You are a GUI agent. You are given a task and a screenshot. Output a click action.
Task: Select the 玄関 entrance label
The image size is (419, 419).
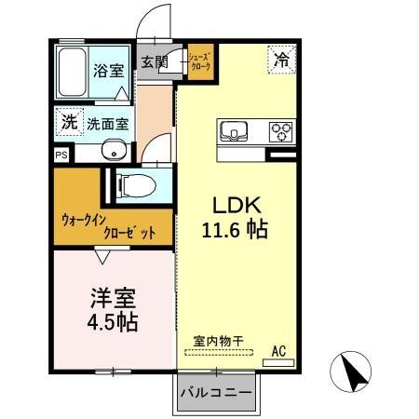tap(155, 62)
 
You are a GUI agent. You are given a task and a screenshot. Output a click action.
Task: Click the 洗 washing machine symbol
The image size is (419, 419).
tap(68, 120)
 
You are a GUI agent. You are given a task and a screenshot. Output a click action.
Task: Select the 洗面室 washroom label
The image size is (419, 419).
tap(108, 123)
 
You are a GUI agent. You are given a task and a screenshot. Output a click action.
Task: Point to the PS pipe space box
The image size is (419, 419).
tap(61, 155)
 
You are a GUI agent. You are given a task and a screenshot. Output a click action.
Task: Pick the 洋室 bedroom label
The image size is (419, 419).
tap(113, 299)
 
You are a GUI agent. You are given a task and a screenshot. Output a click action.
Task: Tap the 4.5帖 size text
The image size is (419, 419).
tap(113, 323)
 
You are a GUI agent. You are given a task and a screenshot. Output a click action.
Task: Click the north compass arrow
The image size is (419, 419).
tap(355, 372)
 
